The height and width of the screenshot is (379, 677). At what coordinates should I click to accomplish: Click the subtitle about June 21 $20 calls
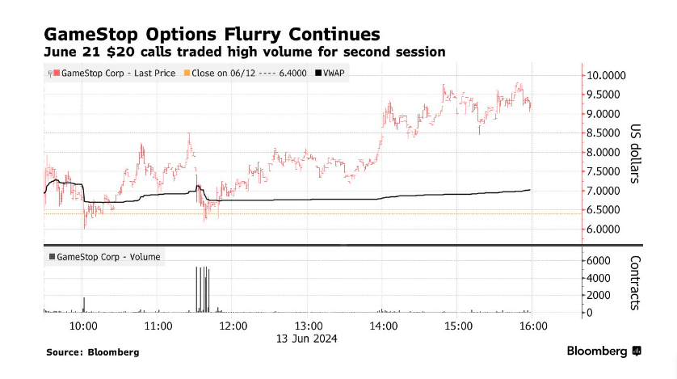coord(234,53)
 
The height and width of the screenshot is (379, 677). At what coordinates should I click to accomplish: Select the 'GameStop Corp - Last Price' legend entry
coord(112,73)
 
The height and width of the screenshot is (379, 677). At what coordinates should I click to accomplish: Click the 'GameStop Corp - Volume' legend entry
coord(105,257)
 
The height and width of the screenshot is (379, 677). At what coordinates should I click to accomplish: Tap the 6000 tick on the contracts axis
coord(600,261)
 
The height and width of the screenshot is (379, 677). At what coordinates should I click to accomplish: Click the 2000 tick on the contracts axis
coord(600,296)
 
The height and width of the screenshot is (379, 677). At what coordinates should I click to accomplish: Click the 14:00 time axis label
coord(383,326)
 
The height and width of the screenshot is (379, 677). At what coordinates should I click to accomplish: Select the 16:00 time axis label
coord(533,326)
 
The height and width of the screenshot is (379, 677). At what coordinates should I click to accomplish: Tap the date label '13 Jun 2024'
coord(308,339)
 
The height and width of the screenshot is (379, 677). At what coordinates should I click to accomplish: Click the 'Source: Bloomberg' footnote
coord(92,352)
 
